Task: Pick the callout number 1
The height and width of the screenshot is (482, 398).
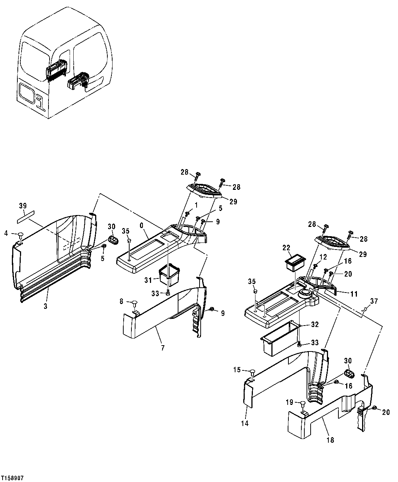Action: pos(196,204)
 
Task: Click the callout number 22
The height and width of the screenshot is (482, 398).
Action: pos(286,248)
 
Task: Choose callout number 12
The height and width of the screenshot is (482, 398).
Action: pos(323,257)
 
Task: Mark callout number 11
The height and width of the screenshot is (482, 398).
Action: pos(354,294)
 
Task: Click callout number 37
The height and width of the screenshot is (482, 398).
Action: pos(374,301)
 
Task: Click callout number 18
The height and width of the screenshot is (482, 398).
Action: pos(330,440)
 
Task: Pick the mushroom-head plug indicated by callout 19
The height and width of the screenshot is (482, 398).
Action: pos(302,405)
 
